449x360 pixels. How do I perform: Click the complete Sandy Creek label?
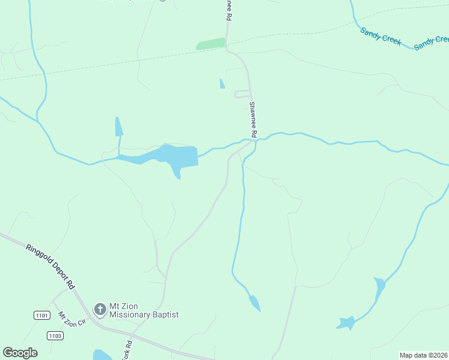381,36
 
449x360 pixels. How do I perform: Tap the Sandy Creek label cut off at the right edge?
431,41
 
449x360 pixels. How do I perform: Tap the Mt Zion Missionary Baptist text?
143,310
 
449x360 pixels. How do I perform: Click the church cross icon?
100,310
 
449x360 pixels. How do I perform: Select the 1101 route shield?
41,315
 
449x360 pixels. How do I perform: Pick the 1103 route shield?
55,335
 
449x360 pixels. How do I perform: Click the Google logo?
20,353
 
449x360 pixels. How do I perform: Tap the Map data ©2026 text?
423,355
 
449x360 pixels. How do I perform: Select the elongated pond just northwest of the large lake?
118,127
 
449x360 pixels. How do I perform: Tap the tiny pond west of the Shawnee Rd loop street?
222,83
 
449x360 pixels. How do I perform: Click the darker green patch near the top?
211,44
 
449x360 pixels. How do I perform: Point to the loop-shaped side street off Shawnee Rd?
243,94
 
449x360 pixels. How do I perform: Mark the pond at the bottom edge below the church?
101,355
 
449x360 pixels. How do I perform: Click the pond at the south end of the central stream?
255,303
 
